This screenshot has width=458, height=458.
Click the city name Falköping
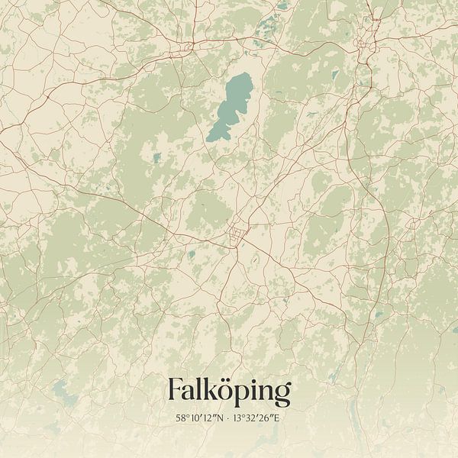[x=229, y=391]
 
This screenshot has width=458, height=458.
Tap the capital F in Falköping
[x=175, y=390]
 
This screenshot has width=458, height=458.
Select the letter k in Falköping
[x=208, y=390]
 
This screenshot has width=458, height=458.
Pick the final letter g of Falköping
[x=282, y=394]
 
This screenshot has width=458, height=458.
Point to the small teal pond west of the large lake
[x=157, y=158]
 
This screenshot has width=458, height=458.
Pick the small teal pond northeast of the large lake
[x=334, y=75]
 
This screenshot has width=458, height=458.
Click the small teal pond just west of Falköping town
[x=192, y=254]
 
